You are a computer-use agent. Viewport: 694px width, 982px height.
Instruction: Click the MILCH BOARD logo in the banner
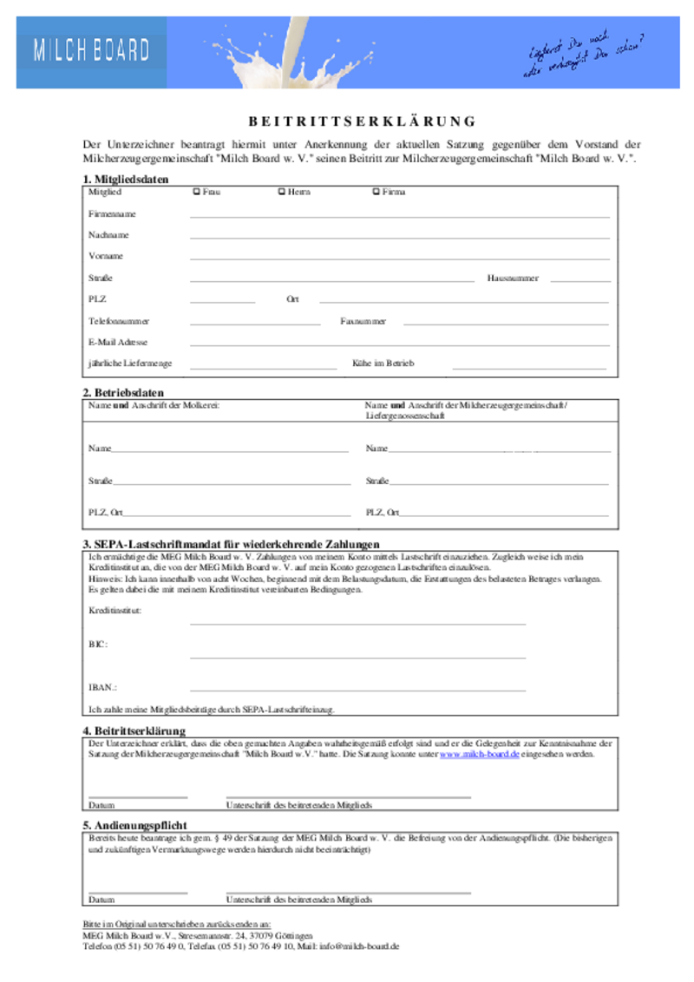[x=91, y=51]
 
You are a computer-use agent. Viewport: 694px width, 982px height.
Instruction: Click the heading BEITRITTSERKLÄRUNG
[x=357, y=121]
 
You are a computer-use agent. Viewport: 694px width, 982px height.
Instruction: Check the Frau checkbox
[x=195, y=192]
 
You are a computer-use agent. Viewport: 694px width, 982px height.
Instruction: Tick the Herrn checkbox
[x=280, y=192]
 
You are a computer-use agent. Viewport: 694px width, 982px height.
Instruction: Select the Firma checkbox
[x=375, y=192]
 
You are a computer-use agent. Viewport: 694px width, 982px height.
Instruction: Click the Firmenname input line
[x=399, y=216]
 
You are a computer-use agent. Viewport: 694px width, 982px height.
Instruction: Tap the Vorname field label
[x=105, y=257]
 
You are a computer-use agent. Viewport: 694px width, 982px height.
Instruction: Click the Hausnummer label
[x=513, y=278]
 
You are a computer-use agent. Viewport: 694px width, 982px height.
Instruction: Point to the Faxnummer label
[x=363, y=321]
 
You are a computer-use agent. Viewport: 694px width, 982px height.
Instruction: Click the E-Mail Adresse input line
[x=399, y=345]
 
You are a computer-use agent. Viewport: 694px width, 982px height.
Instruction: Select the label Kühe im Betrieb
[x=383, y=363]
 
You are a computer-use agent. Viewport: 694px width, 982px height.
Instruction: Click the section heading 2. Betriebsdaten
[x=122, y=393]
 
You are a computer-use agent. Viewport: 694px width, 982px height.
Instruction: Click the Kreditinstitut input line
[x=357, y=623]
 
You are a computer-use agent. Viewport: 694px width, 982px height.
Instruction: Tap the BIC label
[x=97, y=645]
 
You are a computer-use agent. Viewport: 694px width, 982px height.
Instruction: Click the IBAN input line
[x=357, y=691]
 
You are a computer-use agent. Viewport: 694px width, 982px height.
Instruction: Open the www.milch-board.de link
[x=480, y=755]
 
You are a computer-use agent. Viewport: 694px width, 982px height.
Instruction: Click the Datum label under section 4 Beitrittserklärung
[x=101, y=805]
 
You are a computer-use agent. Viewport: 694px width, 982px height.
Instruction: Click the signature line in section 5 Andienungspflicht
[x=348, y=892]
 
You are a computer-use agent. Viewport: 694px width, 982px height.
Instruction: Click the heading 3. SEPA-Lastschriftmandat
[x=231, y=544]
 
